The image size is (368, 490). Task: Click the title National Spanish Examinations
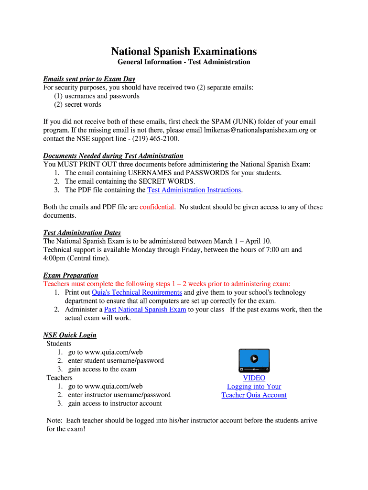pyautogui.click(x=184, y=52)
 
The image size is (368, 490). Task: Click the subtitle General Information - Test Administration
pyautogui.click(x=184, y=62)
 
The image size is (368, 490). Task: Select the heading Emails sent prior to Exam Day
pyautogui.click(x=89, y=79)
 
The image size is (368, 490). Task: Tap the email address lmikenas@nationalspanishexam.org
pyautogui.click(x=256, y=130)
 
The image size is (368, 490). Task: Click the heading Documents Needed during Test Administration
pyautogui.click(x=113, y=156)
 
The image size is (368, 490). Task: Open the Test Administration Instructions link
pyautogui.click(x=194, y=190)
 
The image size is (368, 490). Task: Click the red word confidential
pyautogui.click(x=157, y=207)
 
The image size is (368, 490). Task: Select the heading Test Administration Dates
pyautogui.click(x=82, y=233)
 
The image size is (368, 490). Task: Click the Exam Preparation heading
pyautogui.click(x=71, y=276)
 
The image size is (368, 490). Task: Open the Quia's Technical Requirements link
pyautogui.click(x=137, y=292)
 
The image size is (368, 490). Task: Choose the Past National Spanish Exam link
pyautogui.click(x=145, y=310)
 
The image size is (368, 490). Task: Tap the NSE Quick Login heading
pyautogui.click(x=70, y=335)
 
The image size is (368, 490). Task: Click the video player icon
pyautogui.click(x=254, y=360)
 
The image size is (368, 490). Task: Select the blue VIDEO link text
pyautogui.click(x=254, y=378)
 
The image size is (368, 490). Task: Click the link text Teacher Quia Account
pyautogui.click(x=254, y=395)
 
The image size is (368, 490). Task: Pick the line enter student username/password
pyautogui.click(x=116, y=361)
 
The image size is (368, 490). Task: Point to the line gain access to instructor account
pyautogui.click(x=115, y=403)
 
